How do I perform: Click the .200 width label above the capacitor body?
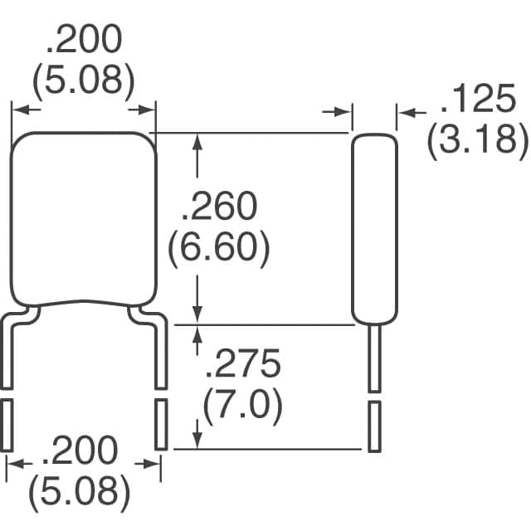83,39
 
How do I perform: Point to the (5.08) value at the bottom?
80,494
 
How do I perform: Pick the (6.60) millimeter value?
219,248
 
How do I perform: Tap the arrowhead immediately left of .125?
407,112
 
